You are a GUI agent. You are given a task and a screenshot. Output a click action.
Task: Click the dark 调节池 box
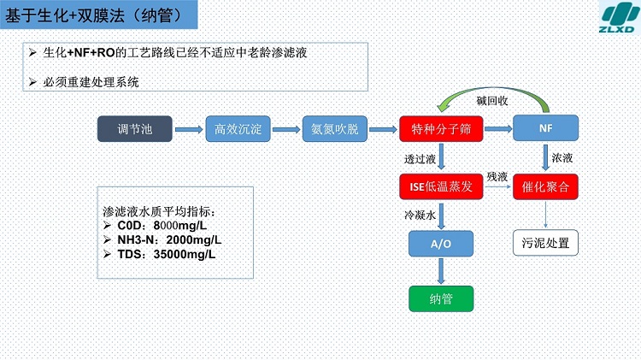point(134,129)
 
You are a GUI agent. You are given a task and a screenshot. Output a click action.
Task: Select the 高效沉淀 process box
point(238,129)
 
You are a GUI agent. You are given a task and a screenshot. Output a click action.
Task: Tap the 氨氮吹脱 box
point(335,129)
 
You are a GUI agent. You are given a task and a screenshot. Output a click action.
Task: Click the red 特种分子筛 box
point(441,129)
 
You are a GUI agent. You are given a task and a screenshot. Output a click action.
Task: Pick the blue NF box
point(546,128)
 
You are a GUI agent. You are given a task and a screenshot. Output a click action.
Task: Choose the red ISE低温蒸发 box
point(441,186)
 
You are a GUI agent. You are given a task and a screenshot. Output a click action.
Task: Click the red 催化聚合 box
point(546,186)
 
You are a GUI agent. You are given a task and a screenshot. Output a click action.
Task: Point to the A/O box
point(441,244)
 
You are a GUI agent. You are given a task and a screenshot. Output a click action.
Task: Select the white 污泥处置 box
point(546,243)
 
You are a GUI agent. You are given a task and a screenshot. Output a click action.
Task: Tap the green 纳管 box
point(441,299)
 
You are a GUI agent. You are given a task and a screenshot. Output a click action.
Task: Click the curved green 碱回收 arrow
point(491,89)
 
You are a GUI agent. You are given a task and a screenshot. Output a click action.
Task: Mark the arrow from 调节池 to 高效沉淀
point(189,129)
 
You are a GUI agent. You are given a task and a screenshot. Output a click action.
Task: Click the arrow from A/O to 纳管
point(441,271)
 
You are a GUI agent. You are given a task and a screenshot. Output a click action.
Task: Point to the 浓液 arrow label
point(562,158)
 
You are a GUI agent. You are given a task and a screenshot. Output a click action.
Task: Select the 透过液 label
point(420,159)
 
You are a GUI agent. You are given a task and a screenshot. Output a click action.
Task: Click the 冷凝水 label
point(420,215)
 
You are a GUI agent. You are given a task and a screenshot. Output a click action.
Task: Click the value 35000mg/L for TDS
point(185,254)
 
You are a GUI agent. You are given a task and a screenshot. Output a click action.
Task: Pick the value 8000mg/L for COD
point(179,226)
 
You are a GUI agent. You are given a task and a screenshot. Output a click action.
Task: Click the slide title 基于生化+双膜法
point(65,15)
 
